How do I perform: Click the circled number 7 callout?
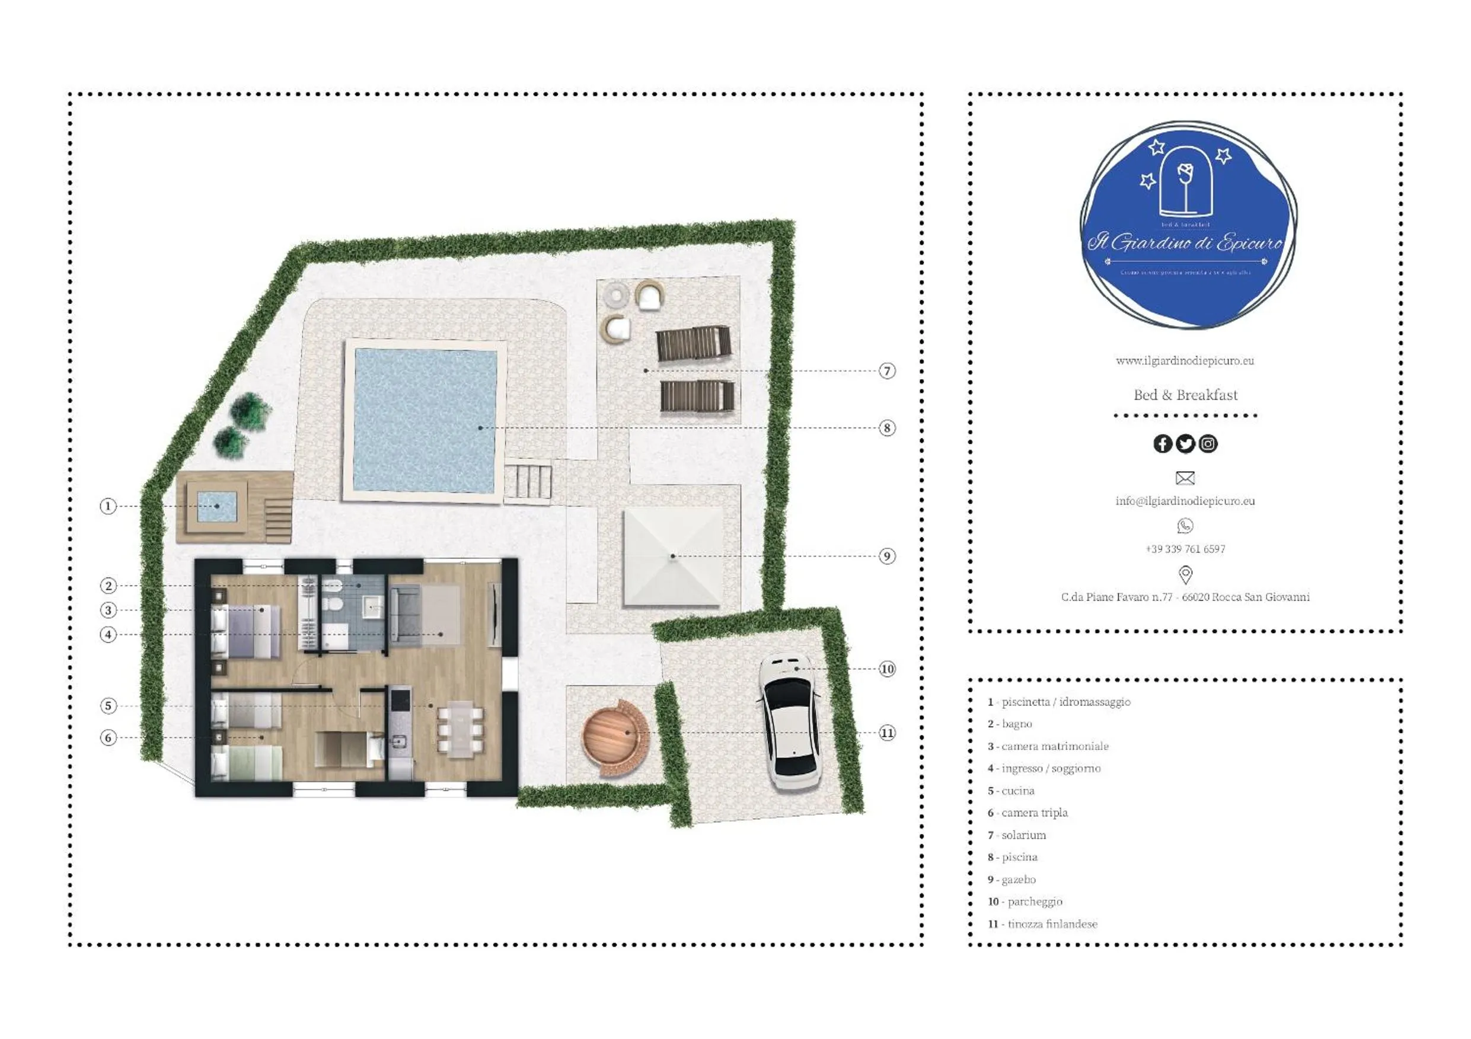[x=887, y=371]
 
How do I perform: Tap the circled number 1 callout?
[x=108, y=506]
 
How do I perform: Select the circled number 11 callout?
[x=887, y=733]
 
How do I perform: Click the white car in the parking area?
[x=790, y=722]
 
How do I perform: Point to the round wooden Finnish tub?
[x=614, y=734]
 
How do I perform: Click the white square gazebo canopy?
[x=673, y=556]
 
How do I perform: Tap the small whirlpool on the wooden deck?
[x=217, y=506]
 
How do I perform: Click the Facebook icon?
[x=1162, y=444]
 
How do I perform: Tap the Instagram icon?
[x=1208, y=444]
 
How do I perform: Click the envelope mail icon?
[x=1185, y=478]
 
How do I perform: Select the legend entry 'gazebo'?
[x=1018, y=880]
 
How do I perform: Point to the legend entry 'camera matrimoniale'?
[x=1054, y=746]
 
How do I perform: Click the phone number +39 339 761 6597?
[x=1185, y=549]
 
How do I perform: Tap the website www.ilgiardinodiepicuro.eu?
[x=1185, y=360]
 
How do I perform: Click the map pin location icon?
[x=1185, y=574]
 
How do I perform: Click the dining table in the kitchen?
[x=461, y=729]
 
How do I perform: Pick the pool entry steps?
[x=528, y=482]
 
